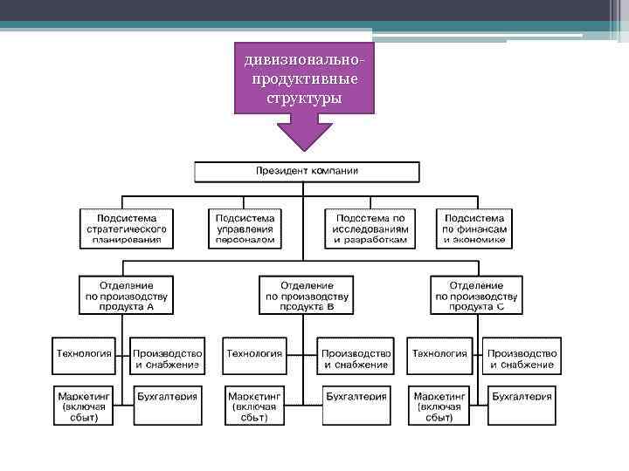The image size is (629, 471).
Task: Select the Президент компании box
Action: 306,170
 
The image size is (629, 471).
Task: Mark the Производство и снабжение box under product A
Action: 168,358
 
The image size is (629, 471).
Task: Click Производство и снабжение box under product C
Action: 522,358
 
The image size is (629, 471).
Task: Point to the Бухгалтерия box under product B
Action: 356,397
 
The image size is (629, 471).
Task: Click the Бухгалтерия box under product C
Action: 522,397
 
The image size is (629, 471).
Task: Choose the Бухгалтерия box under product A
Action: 167,397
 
